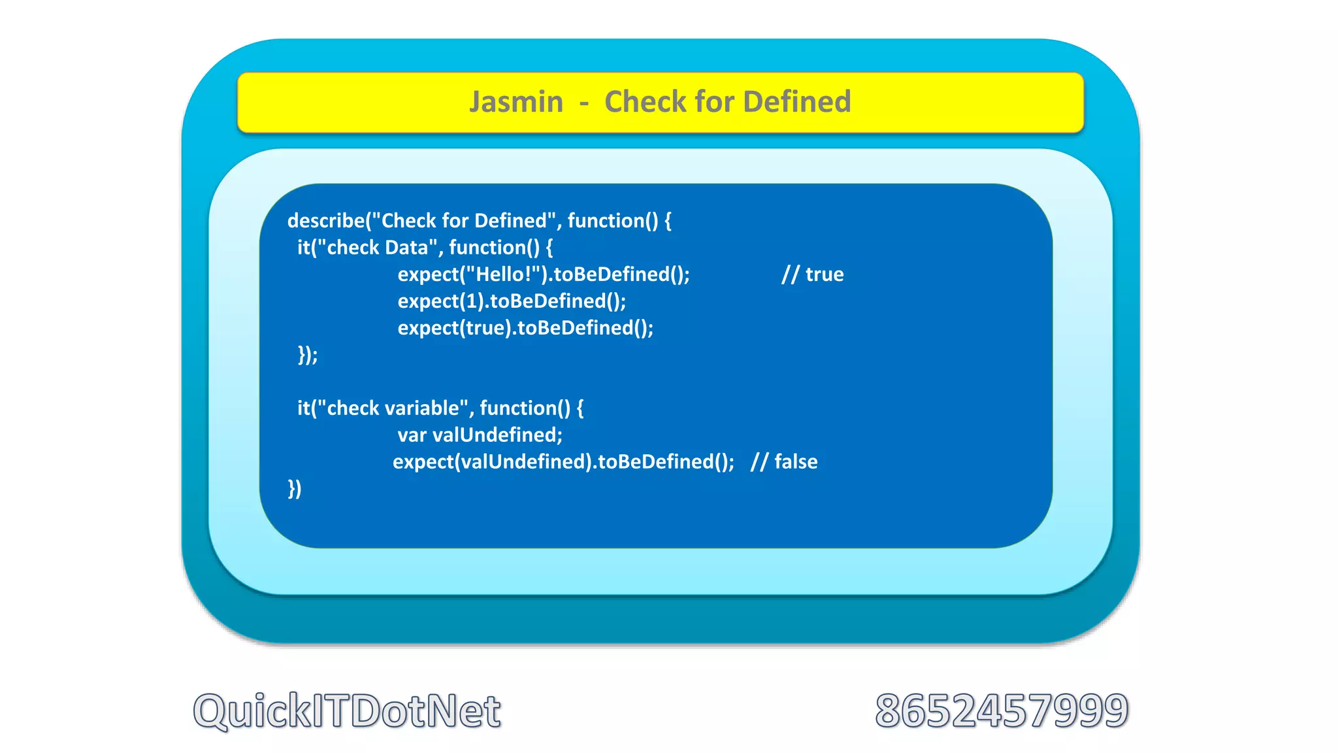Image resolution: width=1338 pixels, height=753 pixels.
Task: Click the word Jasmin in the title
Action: (516, 103)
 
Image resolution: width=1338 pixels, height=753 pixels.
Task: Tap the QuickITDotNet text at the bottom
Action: (347, 711)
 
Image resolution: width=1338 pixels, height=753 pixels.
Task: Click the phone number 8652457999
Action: (1002, 711)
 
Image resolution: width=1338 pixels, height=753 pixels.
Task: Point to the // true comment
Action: (812, 275)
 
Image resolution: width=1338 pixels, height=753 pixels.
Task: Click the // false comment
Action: (784, 462)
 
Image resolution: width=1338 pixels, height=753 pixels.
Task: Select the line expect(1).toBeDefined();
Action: (512, 301)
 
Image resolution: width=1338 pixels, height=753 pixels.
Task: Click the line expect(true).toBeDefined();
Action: (525, 328)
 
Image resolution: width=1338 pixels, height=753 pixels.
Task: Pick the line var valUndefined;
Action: (480, 435)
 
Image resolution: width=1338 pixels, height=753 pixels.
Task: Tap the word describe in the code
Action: (325, 221)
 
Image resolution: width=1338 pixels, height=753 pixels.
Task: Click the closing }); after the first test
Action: (308, 355)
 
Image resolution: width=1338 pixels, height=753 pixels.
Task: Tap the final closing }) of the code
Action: (295, 489)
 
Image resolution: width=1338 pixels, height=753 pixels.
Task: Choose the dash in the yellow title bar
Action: (583, 103)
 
